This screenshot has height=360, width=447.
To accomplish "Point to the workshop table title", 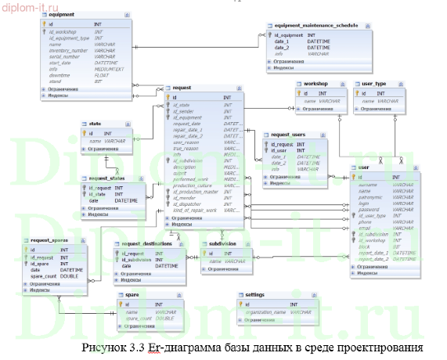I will [x=316, y=83].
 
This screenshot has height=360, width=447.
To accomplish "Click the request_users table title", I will [x=289, y=135].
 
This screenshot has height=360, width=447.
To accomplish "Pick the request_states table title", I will [x=108, y=178].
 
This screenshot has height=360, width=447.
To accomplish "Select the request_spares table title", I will [x=50, y=239].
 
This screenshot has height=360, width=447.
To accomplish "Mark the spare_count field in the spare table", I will [x=139, y=319].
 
